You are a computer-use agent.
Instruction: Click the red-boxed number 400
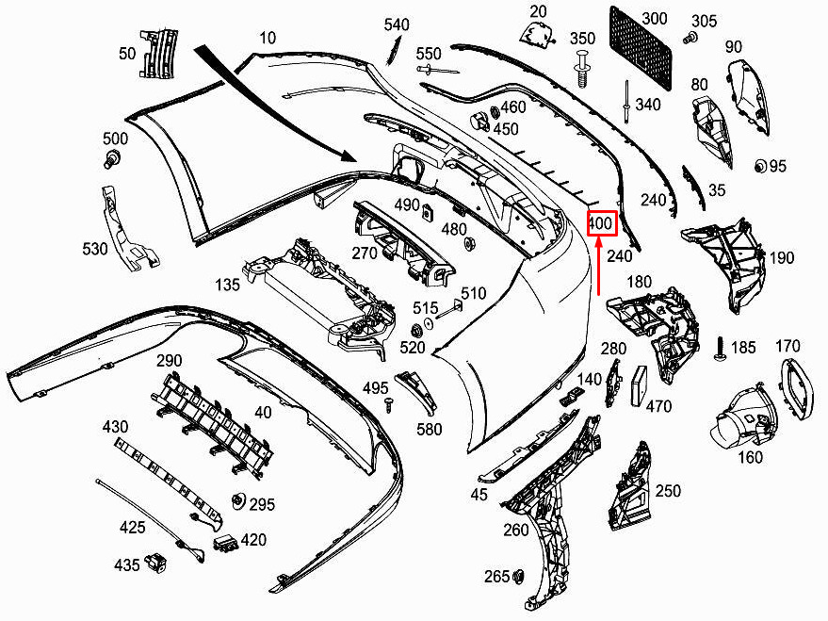(x=602, y=223)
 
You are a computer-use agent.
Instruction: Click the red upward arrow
(x=599, y=266)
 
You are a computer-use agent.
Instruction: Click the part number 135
(x=227, y=285)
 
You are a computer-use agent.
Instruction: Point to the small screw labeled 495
(x=389, y=405)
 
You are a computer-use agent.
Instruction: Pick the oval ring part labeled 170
(x=797, y=389)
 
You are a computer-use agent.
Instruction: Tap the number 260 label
(x=516, y=530)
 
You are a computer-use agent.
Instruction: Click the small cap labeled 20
(x=537, y=34)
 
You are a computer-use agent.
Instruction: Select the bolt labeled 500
(x=112, y=158)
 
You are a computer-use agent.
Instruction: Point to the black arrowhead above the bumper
(x=348, y=155)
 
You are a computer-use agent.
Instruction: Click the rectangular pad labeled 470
(x=640, y=385)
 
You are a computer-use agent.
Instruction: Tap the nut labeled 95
(x=760, y=167)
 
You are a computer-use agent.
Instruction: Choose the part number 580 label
(x=429, y=429)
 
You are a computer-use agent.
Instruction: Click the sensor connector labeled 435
(x=156, y=562)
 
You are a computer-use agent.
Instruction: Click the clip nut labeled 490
(x=428, y=212)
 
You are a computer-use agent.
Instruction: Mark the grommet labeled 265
(x=518, y=577)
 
